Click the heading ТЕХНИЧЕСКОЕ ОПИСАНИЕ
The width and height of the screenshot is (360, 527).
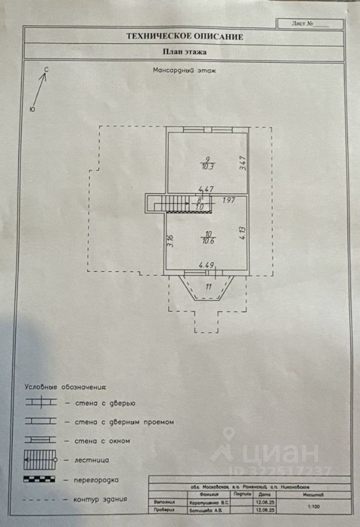coord(184,37)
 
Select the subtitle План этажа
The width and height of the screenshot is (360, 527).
coord(184,53)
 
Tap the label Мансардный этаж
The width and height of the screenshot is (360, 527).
coord(183,70)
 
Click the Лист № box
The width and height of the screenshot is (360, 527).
coord(310,24)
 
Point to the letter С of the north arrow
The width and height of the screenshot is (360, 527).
coord(47,70)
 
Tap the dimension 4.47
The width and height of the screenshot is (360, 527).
coord(205,190)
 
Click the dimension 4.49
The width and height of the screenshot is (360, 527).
coord(206,265)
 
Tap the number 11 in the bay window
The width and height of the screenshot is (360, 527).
coord(208,286)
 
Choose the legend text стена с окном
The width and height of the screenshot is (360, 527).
coord(97,440)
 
